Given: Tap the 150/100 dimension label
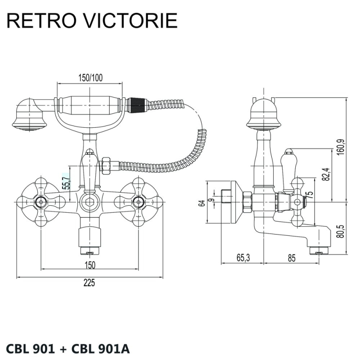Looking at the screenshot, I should point(90,78).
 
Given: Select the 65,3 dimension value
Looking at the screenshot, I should point(243,258).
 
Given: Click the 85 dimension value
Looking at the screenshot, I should point(291,258).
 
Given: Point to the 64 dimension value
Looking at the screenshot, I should point(202,202).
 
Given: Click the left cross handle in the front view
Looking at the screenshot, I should point(40,201).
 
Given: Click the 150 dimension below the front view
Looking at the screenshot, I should point(90,265).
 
